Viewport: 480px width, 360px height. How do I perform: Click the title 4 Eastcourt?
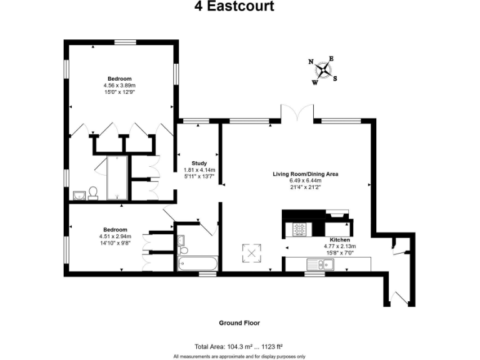[x=239, y=7]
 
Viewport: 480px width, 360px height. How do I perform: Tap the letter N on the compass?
[x=311, y=61]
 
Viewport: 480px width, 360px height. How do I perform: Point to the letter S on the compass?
[x=335, y=78]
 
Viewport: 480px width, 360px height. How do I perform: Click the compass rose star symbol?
[x=323, y=70]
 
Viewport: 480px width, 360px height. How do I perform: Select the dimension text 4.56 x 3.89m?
[x=119, y=85]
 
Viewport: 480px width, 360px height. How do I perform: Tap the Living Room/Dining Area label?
[x=305, y=174]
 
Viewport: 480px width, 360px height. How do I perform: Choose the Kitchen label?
[x=340, y=240]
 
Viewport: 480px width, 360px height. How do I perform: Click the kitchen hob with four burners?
[x=299, y=229]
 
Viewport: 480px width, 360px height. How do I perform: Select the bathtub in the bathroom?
[x=197, y=264]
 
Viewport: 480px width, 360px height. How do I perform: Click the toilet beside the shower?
[x=93, y=193]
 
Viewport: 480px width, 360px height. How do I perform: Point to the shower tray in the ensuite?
[x=117, y=177]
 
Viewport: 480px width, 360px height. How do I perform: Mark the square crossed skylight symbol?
[x=251, y=253]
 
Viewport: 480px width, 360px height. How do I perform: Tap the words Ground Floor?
[x=239, y=323]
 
